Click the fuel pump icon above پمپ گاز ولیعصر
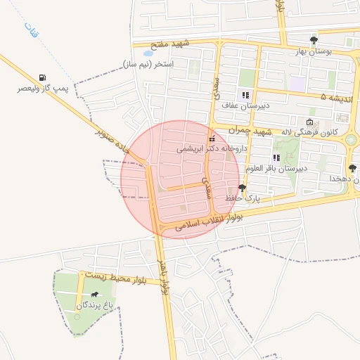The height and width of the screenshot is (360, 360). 44,77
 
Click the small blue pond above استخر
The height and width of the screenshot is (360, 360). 148,53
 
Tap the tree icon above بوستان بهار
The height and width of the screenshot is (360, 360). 314,39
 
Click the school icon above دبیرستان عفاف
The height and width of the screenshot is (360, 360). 245,95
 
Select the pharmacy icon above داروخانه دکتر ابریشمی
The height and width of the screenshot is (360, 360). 212,138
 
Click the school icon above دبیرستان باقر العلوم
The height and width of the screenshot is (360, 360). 276,157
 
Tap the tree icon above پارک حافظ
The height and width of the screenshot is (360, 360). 243,188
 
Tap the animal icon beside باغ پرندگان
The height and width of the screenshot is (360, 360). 94,293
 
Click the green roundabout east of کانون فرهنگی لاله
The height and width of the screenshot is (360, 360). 350,140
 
